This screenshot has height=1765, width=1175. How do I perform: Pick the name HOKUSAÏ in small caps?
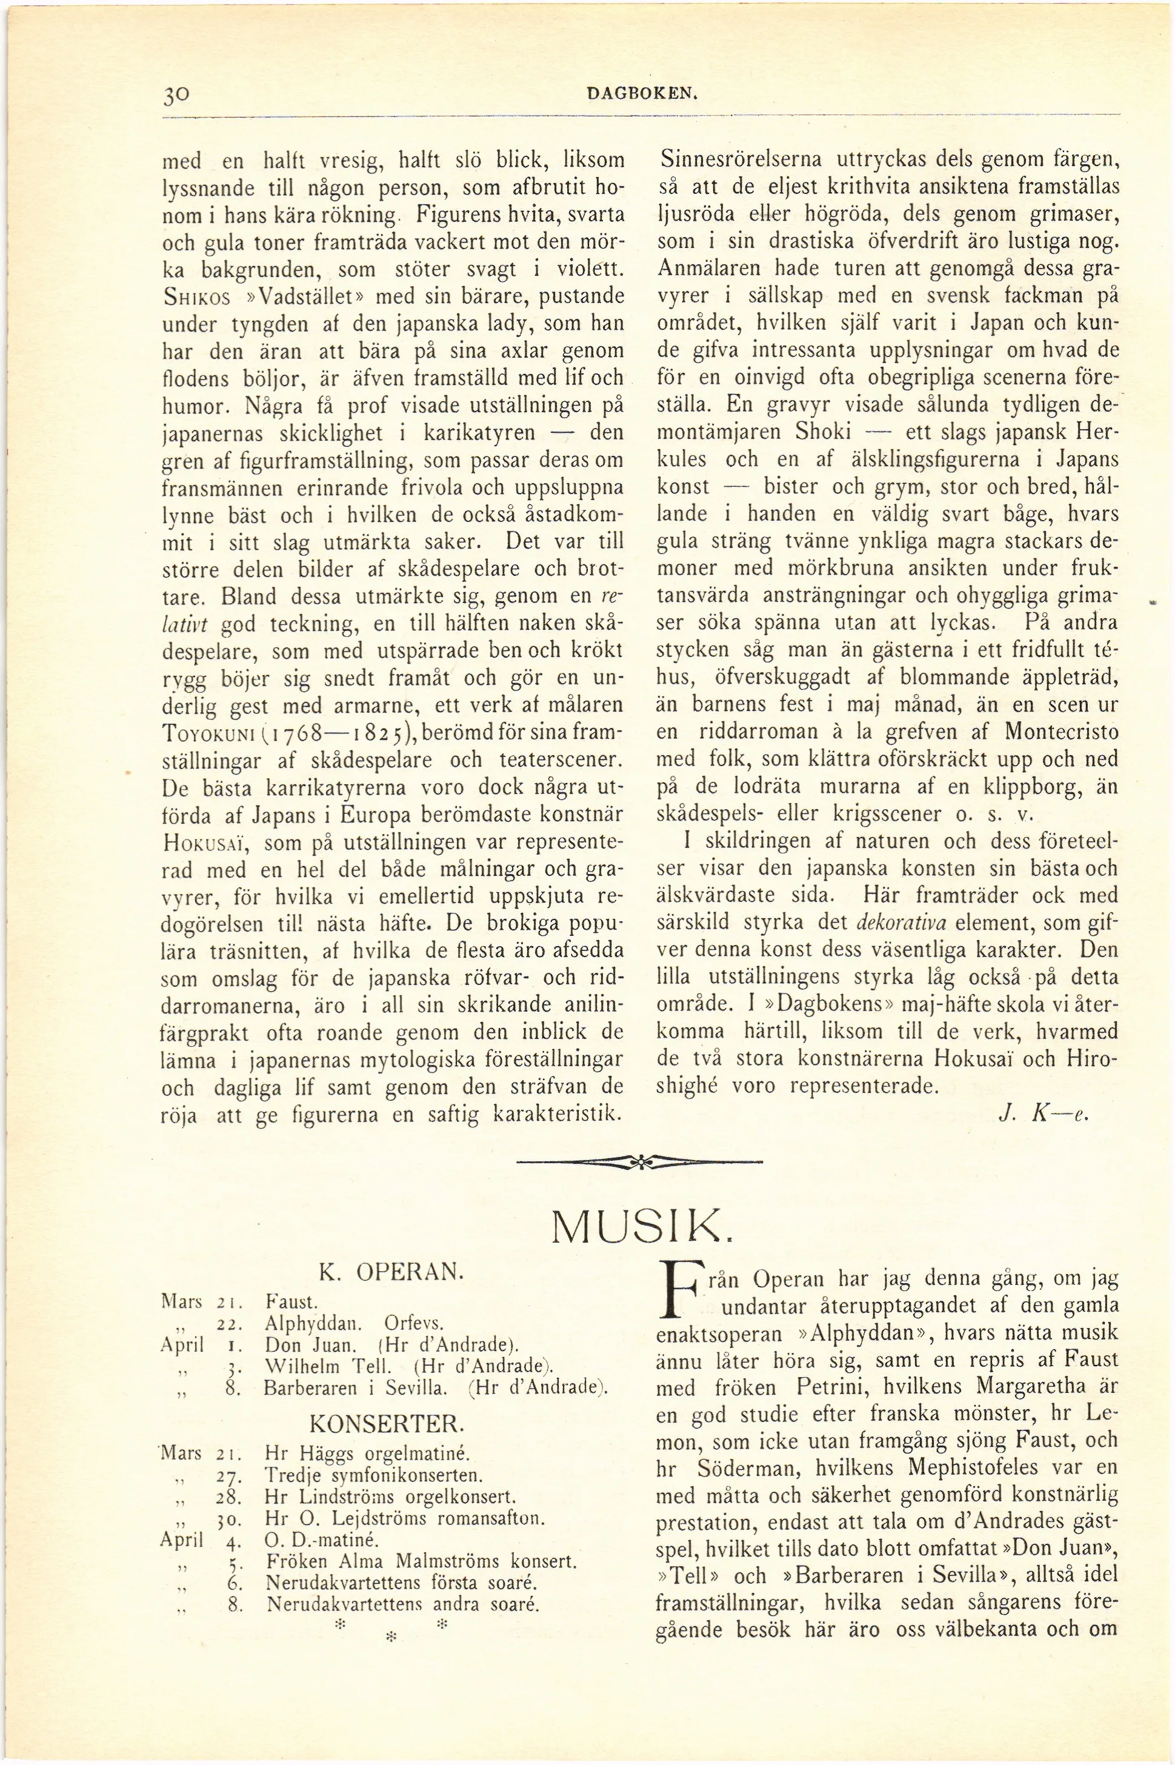pos(205,843)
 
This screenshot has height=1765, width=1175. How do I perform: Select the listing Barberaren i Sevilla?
pos(356,1387)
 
